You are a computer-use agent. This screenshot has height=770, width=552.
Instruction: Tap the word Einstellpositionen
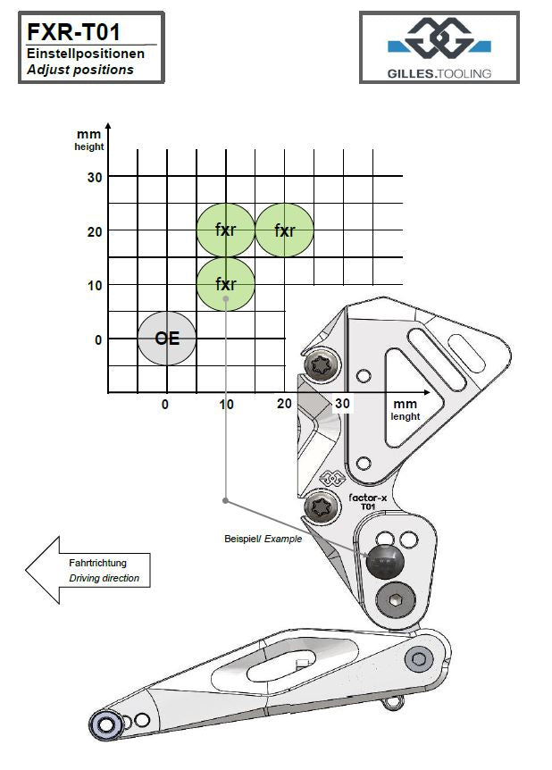86,54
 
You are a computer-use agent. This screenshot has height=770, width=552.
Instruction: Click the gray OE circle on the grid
167,339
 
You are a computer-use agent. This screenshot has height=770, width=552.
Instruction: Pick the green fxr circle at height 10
226,284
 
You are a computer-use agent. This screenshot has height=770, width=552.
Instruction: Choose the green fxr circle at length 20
285,230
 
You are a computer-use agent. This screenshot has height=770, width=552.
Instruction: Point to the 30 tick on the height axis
94,177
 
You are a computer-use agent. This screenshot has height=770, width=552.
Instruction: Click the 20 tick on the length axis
285,404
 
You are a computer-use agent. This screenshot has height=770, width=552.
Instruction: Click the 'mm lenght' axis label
405,410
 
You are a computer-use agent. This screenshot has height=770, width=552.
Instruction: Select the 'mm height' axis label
88,140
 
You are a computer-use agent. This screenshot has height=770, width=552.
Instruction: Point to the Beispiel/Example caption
263,540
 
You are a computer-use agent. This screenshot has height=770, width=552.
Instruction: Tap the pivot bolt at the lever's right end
418,660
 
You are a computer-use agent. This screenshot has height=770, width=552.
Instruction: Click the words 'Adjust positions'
79,70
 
